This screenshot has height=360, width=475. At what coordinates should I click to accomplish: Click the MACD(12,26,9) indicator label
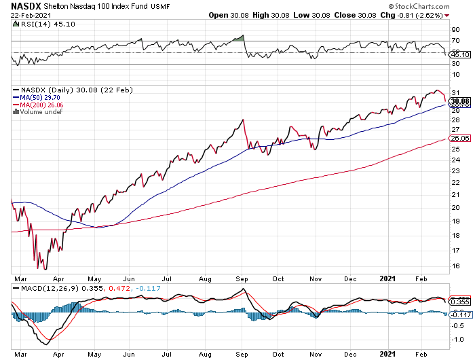coord(47,288)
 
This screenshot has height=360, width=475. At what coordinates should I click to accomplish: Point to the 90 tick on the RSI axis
coord(455,30)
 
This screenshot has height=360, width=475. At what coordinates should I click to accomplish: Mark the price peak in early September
coord(243,120)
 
